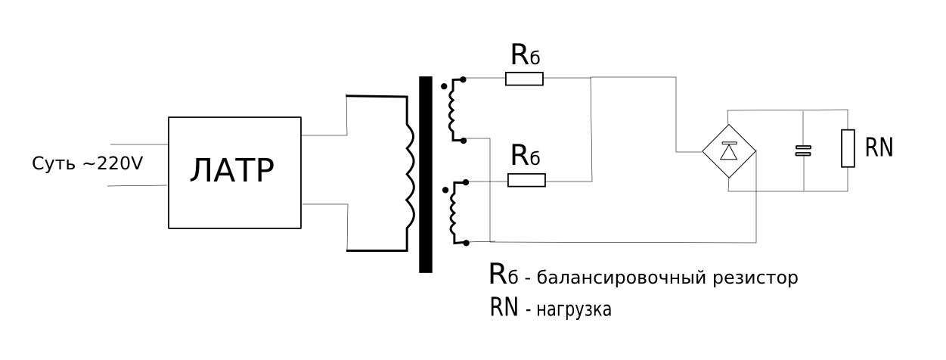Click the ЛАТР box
[x=234, y=172]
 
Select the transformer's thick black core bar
[x=425, y=174]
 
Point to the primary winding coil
[x=409, y=174]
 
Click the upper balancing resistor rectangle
[x=525, y=79]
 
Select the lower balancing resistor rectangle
[x=526, y=181]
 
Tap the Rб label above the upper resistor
[x=526, y=54]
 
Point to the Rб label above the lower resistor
[x=526, y=156]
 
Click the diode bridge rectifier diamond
[x=729, y=152]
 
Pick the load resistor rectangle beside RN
[x=848, y=148]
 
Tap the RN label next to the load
[x=879, y=147]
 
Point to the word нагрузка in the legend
[x=573, y=309]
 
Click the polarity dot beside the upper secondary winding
[x=444, y=87]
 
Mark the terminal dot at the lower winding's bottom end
[x=467, y=242]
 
